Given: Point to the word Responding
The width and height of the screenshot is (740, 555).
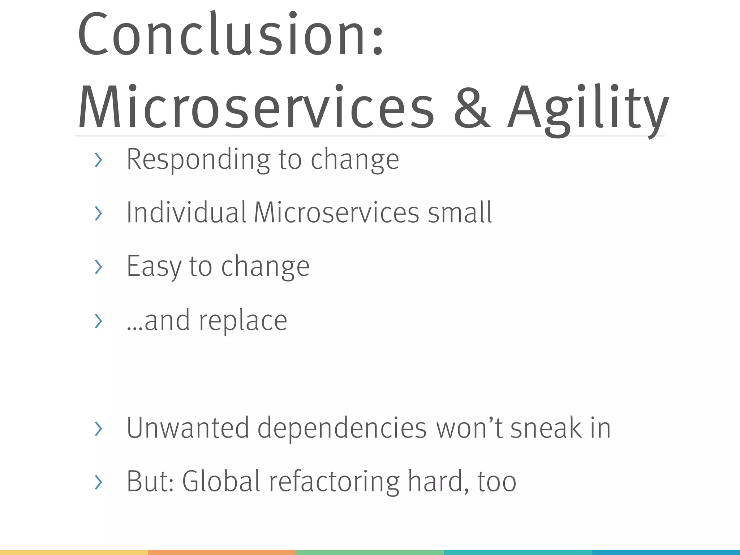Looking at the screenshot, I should (198, 159).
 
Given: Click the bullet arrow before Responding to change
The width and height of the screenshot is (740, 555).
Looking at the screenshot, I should (98, 160).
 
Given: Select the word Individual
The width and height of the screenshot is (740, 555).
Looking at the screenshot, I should (186, 212).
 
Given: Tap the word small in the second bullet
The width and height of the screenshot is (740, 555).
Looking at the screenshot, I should (460, 212).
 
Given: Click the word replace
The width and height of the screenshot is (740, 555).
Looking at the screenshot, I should (243, 320).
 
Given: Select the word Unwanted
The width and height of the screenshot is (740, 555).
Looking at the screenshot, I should (188, 428).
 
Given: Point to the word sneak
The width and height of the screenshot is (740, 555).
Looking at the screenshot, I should (546, 428).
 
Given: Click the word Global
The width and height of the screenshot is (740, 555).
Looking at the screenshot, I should (221, 481).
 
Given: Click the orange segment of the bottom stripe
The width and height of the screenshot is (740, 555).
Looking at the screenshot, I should (222, 552).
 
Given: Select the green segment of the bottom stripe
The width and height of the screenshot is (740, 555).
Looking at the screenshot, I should (370, 552).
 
